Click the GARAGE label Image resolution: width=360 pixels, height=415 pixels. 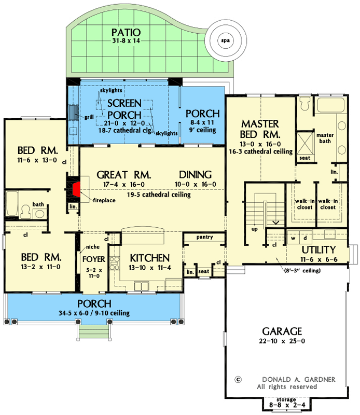tap(282, 330)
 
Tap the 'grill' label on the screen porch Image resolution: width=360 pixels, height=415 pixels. tap(89, 117)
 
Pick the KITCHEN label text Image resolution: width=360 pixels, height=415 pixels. tap(149, 258)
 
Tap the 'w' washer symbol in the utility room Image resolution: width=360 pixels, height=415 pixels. tap(293, 239)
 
